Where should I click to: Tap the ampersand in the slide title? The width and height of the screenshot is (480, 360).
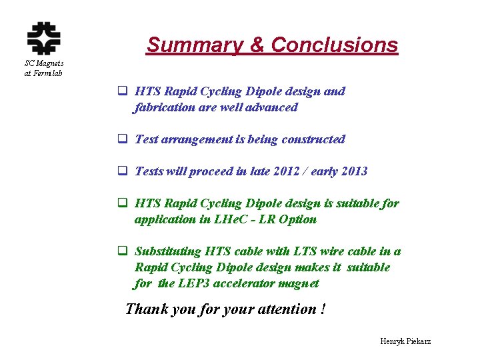(x=257, y=45)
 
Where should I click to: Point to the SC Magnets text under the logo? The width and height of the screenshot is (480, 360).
(x=44, y=63)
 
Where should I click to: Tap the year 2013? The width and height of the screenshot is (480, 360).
(x=353, y=171)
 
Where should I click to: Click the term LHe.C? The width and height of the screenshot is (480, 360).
(x=227, y=219)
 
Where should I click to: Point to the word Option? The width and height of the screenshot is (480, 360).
(x=298, y=219)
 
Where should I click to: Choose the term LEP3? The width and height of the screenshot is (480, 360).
(x=195, y=283)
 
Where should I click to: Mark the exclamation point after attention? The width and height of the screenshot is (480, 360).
(x=323, y=309)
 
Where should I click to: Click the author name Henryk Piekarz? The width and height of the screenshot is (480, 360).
(x=405, y=341)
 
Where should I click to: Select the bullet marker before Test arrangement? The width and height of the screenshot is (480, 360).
(x=123, y=139)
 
